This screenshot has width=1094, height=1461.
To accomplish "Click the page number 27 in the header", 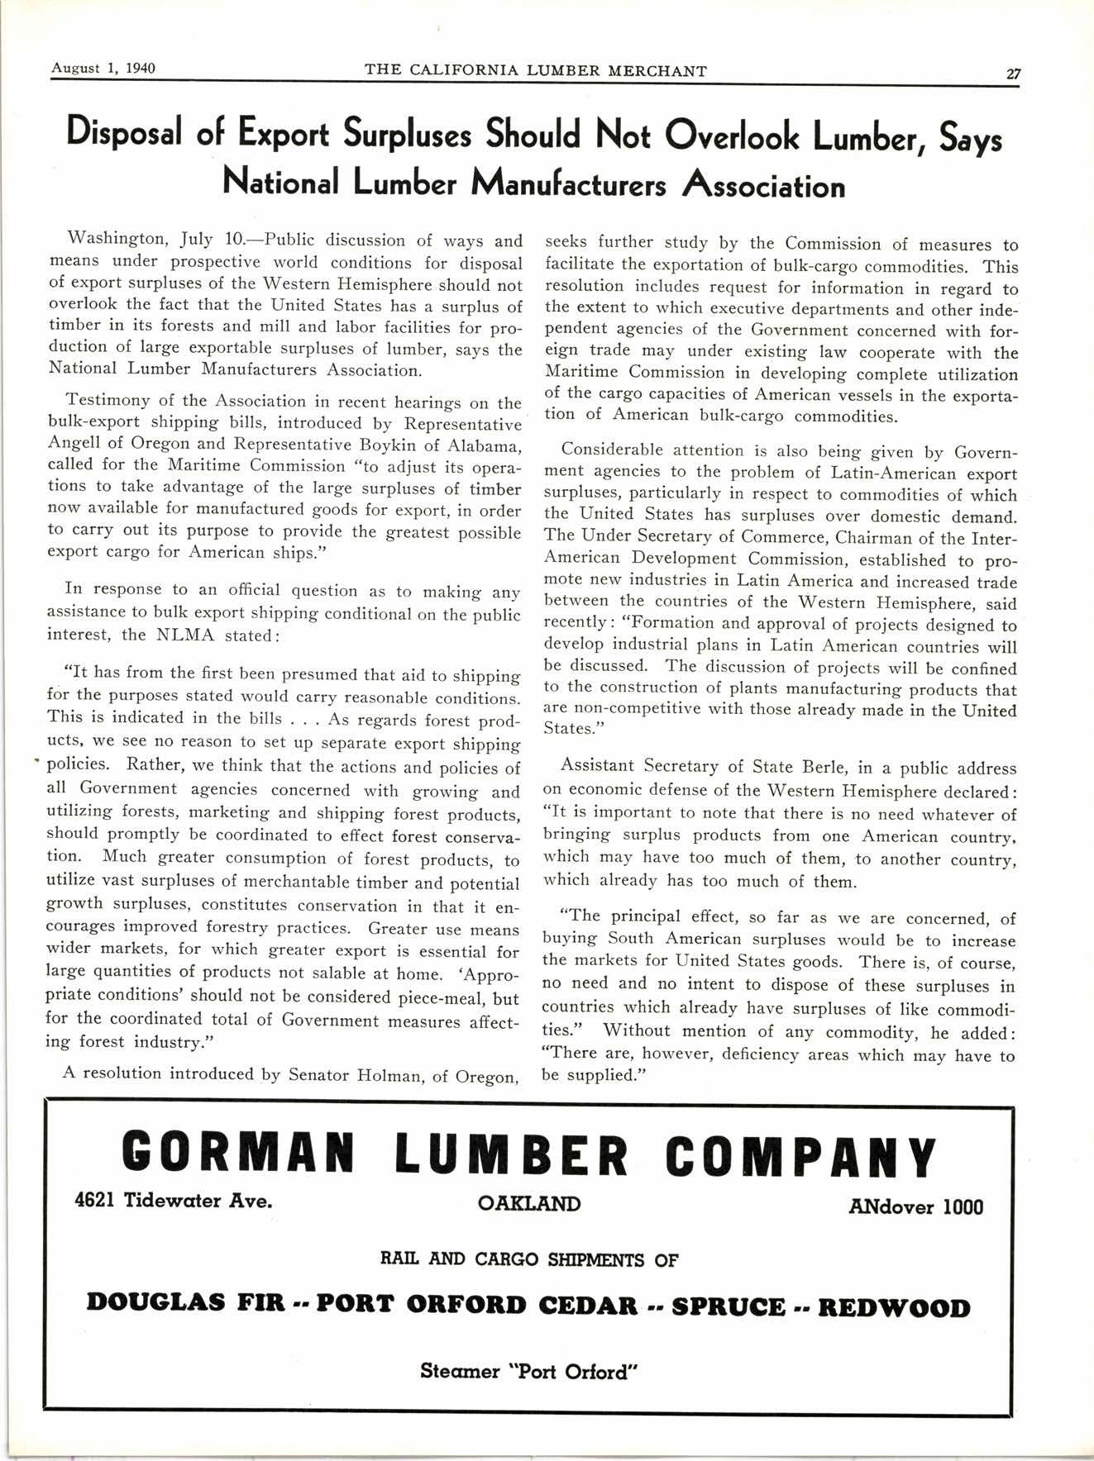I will coord(1014,73).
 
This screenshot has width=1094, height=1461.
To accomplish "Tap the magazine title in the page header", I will coord(535,71).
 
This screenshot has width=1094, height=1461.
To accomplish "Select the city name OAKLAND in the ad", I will coord(529,1203).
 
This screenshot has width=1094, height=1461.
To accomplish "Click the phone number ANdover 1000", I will coord(916,1206).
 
